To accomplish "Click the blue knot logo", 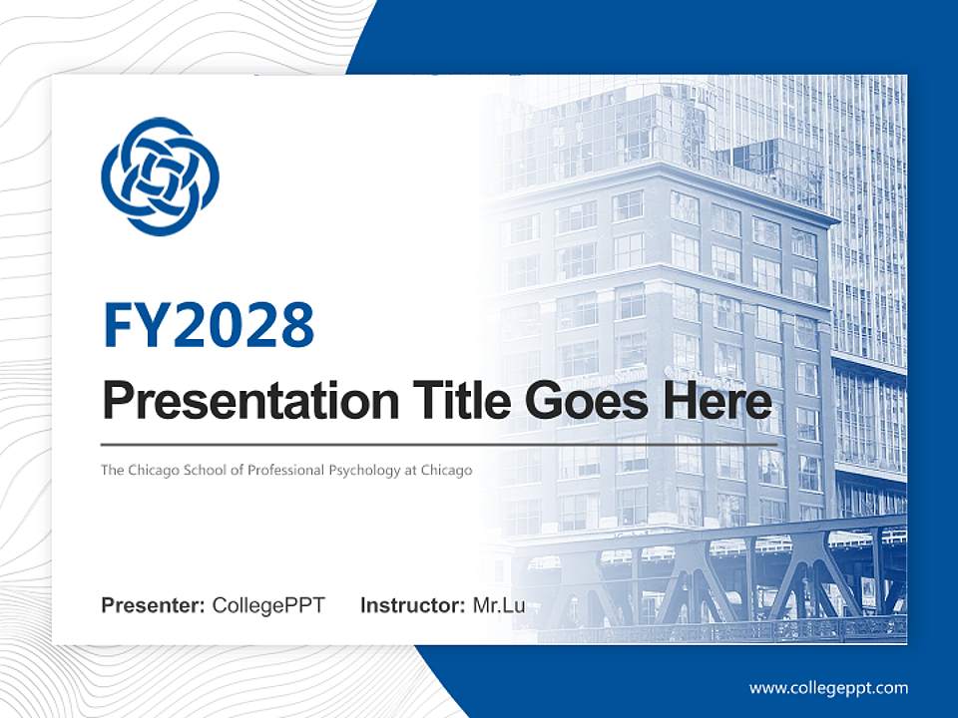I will [x=160, y=177].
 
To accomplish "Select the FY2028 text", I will [x=209, y=325].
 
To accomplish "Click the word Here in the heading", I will [x=723, y=401].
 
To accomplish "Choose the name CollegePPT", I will [x=268, y=605].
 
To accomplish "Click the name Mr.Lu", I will [x=499, y=605].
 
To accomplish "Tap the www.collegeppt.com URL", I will [x=828, y=688].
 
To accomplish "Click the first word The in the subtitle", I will [x=111, y=470].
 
